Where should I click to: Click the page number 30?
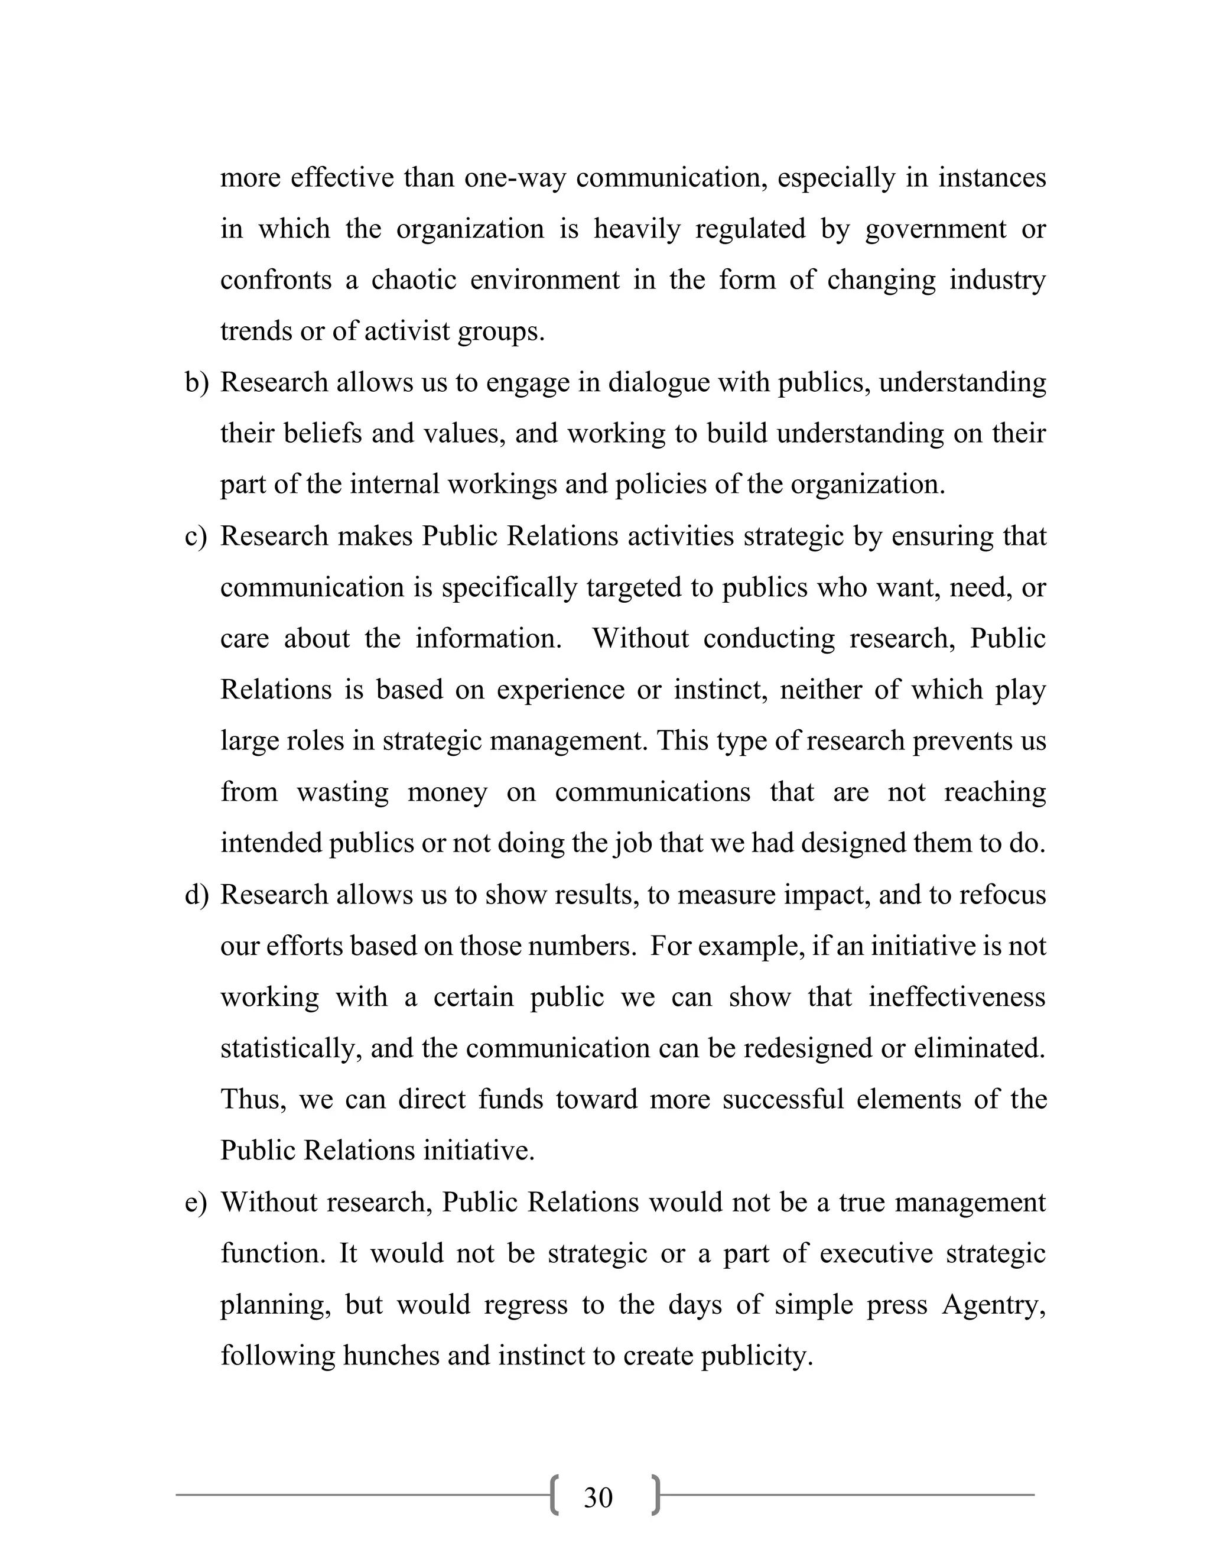[x=598, y=1498]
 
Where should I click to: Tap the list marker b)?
[x=196, y=383]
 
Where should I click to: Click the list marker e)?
[x=196, y=1203]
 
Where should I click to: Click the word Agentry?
[x=994, y=1304]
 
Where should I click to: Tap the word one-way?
[x=513, y=177]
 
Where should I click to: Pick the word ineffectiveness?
[x=957, y=998]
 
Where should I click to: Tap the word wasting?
[x=343, y=792]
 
